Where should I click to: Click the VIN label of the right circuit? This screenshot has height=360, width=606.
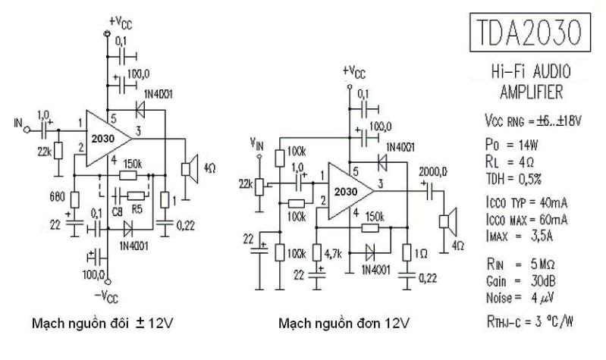(259, 143)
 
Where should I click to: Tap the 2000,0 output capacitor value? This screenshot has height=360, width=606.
(431, 173)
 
